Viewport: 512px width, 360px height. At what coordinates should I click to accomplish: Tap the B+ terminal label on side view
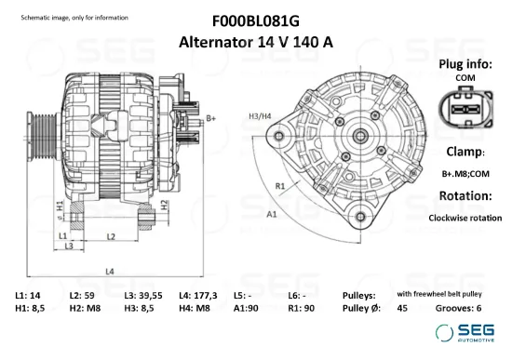tap(211, 118)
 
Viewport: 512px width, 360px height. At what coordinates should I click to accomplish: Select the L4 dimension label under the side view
tap(109, 272)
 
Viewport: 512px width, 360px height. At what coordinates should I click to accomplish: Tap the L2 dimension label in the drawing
tap(111, 237)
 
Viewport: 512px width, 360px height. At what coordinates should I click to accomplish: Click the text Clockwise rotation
tap(465, 218)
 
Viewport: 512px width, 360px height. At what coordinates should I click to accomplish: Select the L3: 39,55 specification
tap(142, 294)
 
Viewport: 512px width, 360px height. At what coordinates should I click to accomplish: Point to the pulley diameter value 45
tap(402, 308)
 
